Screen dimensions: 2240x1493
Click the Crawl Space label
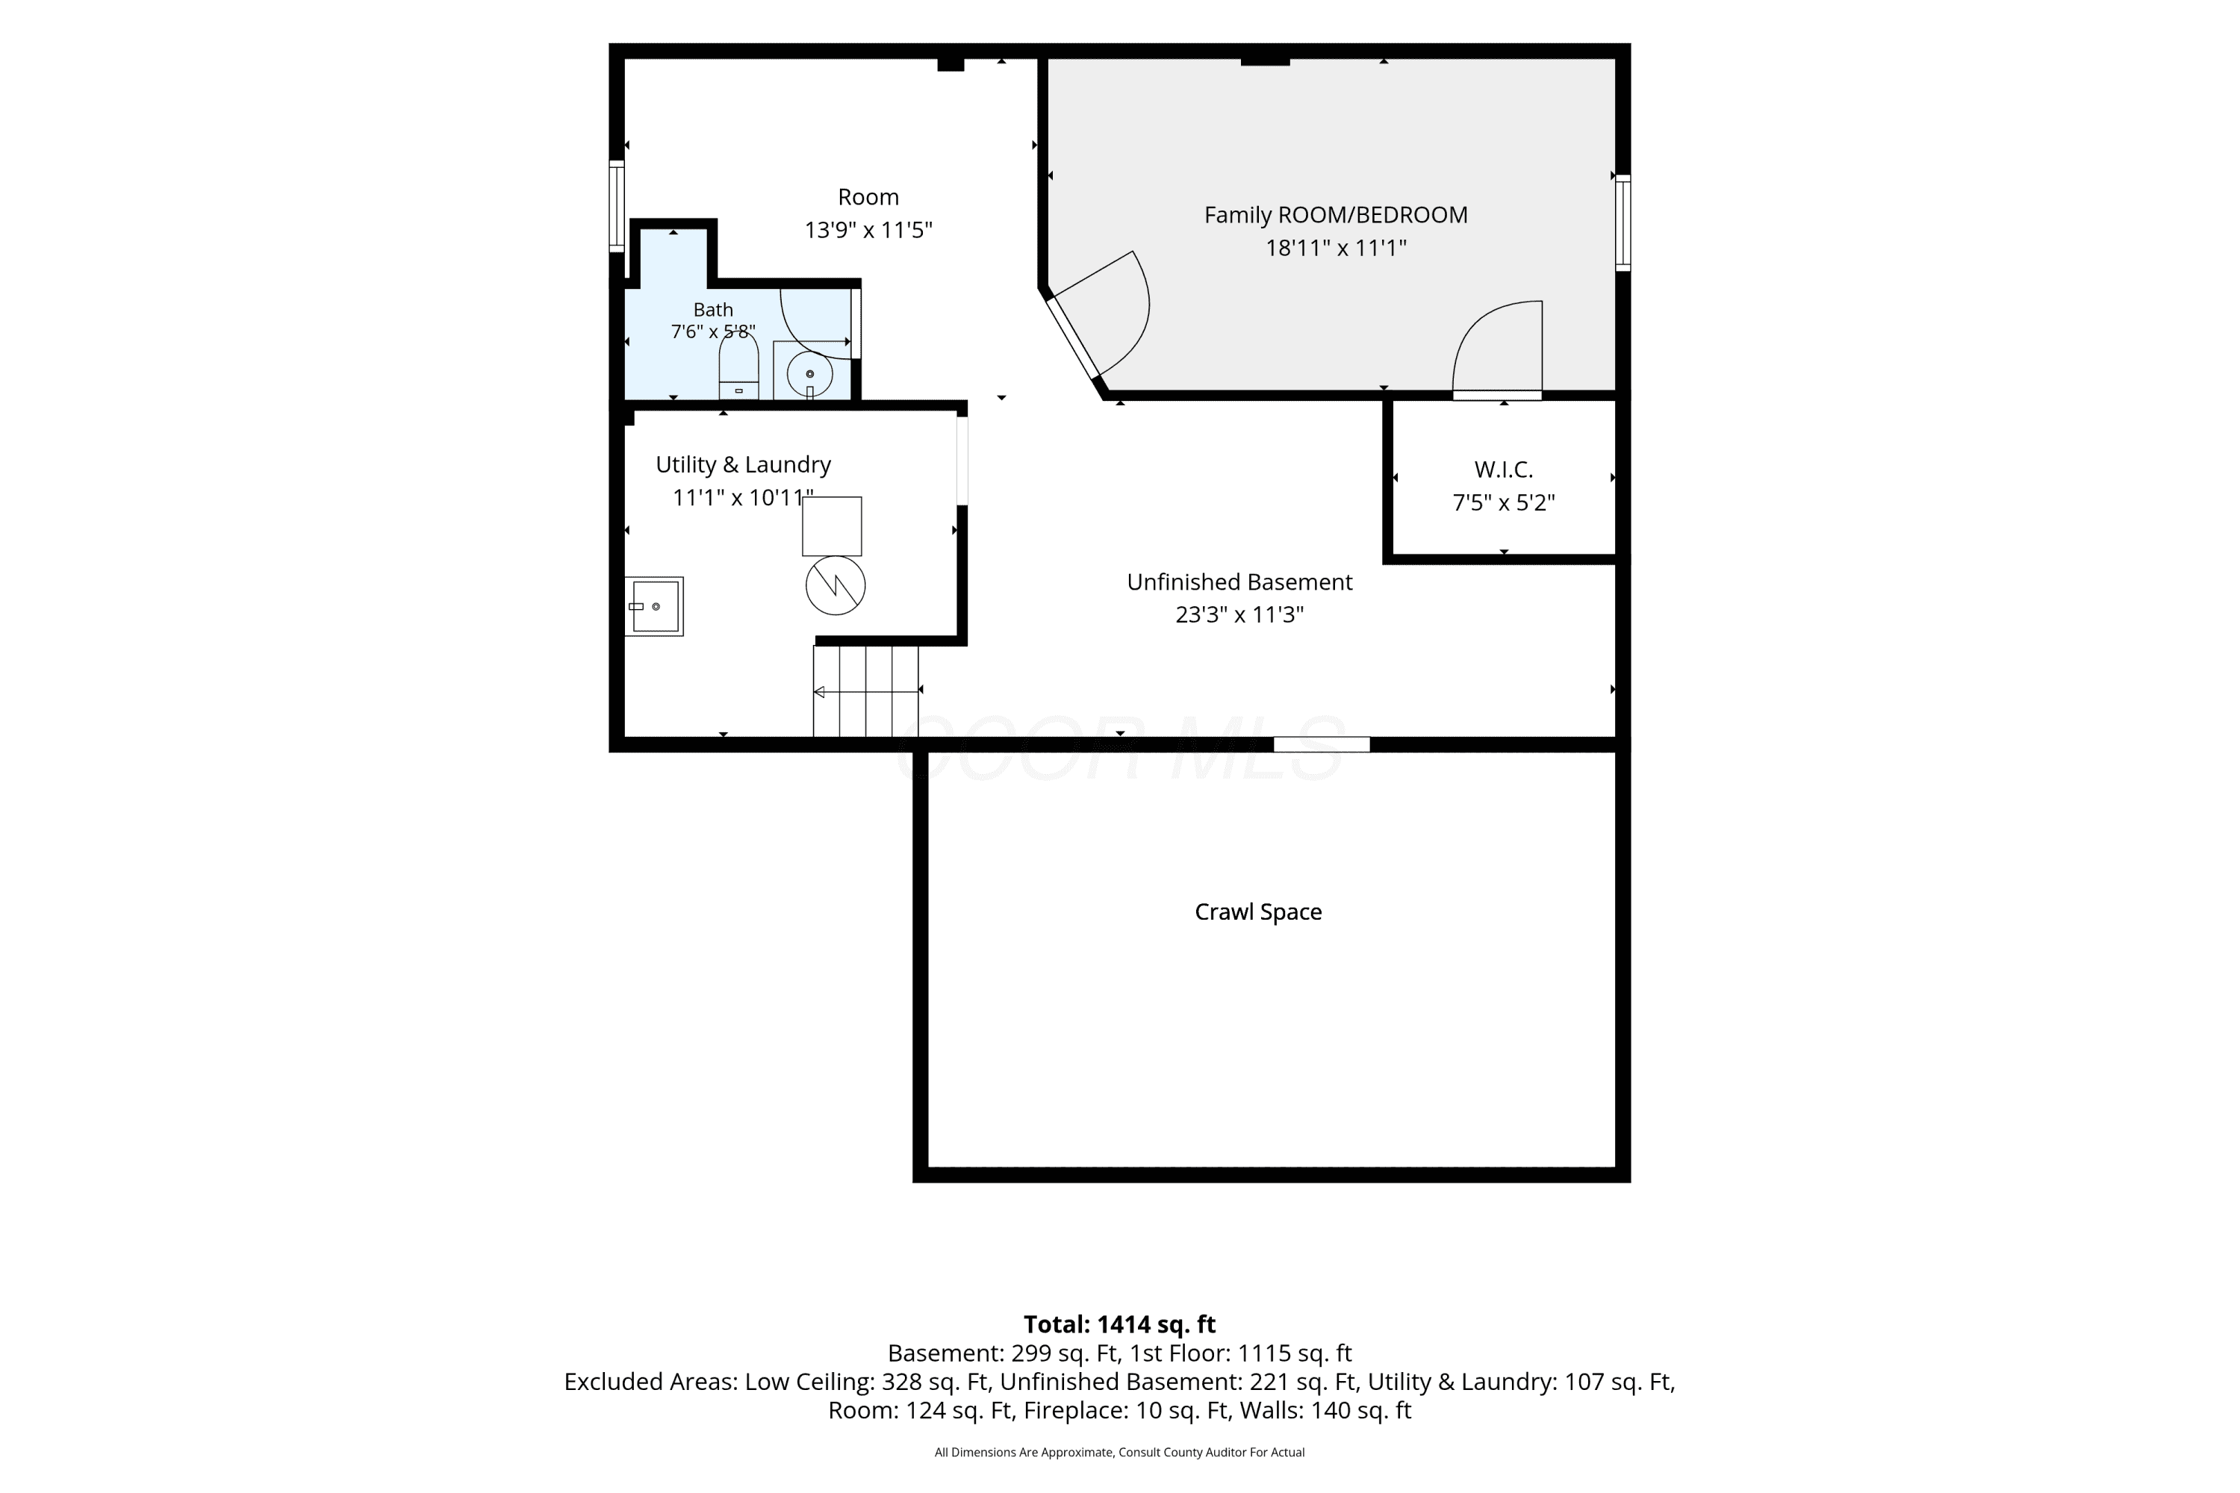click(x=1258, y=912)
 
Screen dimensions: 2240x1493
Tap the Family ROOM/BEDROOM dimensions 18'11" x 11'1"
click(x=1335, y=248)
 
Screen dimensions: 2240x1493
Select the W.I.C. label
click(x=1503, y=470)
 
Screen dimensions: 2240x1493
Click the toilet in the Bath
click(x=738, y=367)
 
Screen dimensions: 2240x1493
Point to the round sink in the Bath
click(x=809, y=374)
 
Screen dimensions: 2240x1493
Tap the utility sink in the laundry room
click(x=654, y=606)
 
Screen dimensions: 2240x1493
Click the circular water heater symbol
click(x=836, y=585)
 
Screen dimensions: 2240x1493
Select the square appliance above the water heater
click(x=832, y=526)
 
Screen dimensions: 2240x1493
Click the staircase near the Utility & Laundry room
click(x=865, y=691)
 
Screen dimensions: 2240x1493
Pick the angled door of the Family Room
click(x=1074, y=338)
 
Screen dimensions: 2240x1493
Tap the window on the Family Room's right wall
click(x=1623, y=222)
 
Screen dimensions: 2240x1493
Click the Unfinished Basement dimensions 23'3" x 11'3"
click(x=1239, y=614)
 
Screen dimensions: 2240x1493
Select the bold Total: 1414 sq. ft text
click(x=1119, y=1324)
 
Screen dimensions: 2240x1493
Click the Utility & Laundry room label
click(x=743, y=464)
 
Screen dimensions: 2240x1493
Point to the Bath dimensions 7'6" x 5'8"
click(x=713, y=331)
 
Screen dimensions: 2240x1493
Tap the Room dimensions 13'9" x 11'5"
click(x=868, y=229)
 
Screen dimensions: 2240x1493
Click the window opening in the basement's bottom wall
click(x=1322, y=744)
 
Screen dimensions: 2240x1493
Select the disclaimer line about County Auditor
click(x=1119, y=1452)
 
